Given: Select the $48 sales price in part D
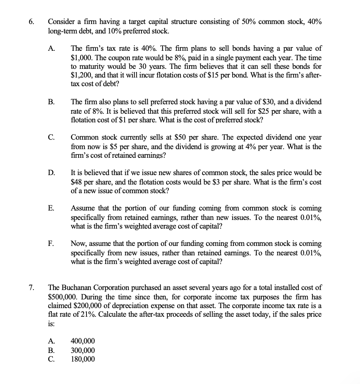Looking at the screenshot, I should tap(77, 182).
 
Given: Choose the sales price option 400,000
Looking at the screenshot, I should tap(83, 342).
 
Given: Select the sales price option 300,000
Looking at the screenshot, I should tap(83, 351).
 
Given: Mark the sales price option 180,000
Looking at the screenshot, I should tap(83, 359).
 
